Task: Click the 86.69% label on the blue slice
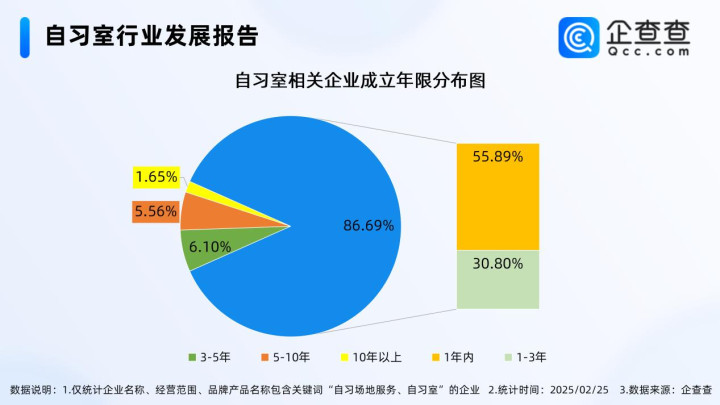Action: click(369, 225)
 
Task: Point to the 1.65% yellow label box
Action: click(157, 177)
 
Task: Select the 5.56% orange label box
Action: click(156, 212)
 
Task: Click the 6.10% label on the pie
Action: click(210, 247)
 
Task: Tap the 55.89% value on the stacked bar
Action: click(498, 157)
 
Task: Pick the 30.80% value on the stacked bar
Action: click(498, 264)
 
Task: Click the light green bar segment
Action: click(498, 279)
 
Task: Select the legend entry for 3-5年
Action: click(209, 357)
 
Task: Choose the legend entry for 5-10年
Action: click(286, 357)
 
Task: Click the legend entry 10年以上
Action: click(371, 357)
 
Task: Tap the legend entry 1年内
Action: click(453, 357)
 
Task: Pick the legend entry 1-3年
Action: click(525, 357)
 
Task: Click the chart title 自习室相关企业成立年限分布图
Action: click(360, 80)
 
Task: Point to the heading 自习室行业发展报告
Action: click(152, 36)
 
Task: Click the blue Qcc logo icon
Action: click(579, 38)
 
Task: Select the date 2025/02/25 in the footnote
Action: click(579, 390)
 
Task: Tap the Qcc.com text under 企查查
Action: click(648, 51)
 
